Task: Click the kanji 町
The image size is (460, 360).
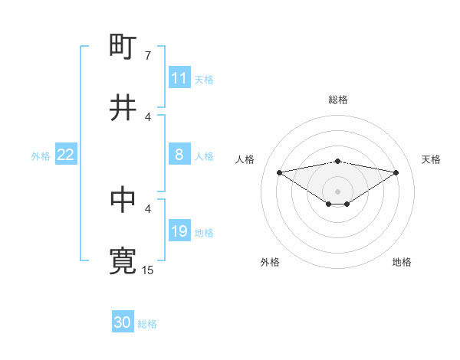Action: click(123, 47)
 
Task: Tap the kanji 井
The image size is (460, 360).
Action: click(123, 108)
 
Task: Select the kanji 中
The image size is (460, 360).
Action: click(123, 200)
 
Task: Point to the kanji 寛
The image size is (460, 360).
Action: click(123, 260)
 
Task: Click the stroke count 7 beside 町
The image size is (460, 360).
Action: click(148, 55)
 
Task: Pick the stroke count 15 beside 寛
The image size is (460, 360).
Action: click(148, 270)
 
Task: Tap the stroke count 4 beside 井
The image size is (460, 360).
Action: click(148, 116)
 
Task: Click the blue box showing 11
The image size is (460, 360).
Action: click(179, 78)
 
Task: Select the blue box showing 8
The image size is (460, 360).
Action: click(179, 155)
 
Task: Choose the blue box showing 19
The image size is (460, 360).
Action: click(179, 231)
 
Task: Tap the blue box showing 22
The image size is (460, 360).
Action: click(66, 155)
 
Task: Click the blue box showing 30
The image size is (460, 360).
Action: click(123, 322)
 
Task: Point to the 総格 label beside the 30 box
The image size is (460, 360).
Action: click(147, 324)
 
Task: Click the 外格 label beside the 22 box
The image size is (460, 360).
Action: click(41, 156)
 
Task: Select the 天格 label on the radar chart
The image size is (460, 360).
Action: click(431, 159)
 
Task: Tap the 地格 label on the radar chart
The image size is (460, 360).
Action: click(402, 262)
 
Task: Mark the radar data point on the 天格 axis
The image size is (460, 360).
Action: click(396, 172)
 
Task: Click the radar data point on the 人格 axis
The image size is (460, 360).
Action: click(279, 172)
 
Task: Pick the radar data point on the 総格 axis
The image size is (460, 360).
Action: click(338, 161)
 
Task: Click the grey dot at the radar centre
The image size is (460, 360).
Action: click(338, 191)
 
